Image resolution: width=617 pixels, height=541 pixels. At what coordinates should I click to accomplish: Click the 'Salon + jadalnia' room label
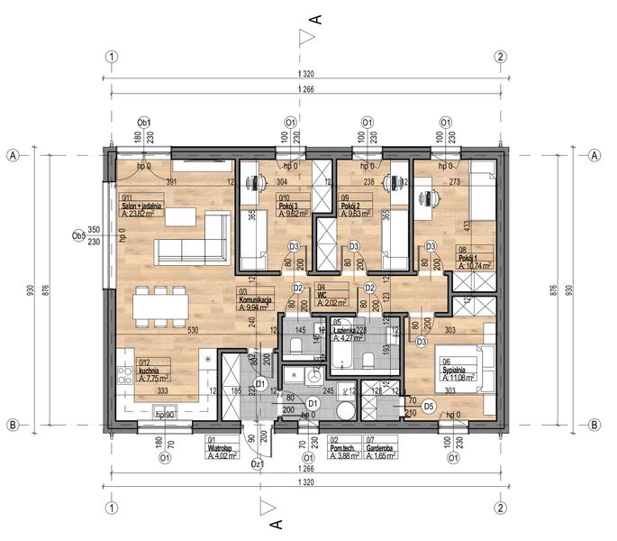(x=141, y=206)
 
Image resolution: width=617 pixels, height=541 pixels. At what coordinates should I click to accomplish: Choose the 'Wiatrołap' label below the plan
(x=221, y=446)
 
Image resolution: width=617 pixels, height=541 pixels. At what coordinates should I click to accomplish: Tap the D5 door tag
(x=429, y=406)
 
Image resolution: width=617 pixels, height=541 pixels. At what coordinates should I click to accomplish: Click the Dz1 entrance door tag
(x=257, y=464)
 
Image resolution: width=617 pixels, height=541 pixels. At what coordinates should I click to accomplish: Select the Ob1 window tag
(x=142, y=122)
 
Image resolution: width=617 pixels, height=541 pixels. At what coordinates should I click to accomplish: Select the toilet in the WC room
(x=296, y=344)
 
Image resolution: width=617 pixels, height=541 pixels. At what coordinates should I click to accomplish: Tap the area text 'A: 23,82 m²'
(x=141, y=214)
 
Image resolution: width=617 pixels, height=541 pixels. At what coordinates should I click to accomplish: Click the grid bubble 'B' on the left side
(x=14, y=424)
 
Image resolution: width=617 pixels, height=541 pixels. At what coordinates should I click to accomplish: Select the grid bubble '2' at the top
(x=502, y=55)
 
